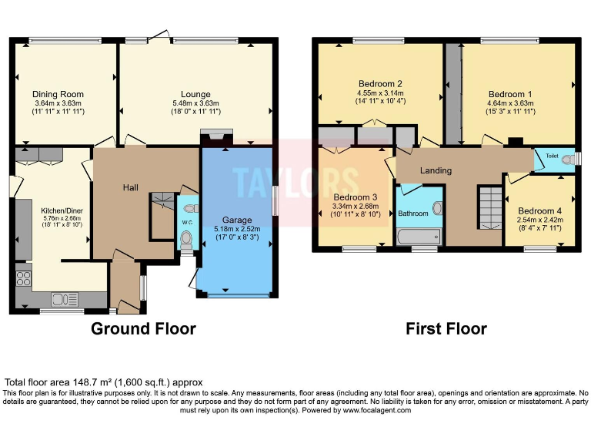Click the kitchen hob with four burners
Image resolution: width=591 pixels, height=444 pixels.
click(23, 278)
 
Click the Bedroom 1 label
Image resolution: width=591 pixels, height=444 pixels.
click(510, 94)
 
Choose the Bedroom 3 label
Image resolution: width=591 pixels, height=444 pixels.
click(356, 197)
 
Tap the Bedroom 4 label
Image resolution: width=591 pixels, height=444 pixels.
click(539, 210)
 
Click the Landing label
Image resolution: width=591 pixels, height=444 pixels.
click(436, 170)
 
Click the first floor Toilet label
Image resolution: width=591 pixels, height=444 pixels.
click(551, 155)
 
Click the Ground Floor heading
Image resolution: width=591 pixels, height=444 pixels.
click(143, 329)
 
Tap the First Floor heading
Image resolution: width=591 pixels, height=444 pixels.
click(446, 329)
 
